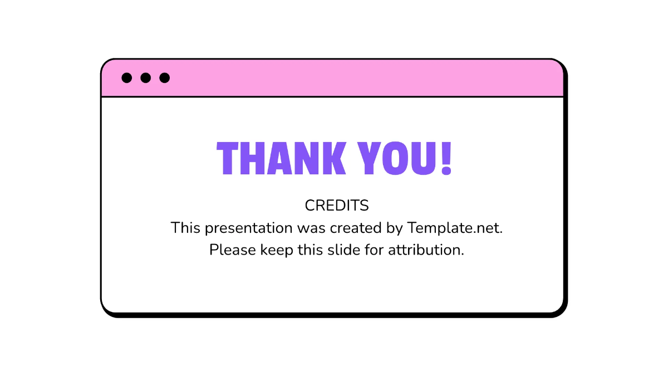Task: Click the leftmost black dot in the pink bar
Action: coord(127,78)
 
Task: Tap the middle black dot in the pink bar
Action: coord(146,78)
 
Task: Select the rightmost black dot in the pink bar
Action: coord(164,78)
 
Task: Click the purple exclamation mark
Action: coord(445,158)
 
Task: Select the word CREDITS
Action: coord(337,206)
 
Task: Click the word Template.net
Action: coord(455,228)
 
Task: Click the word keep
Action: coord(274,250)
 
